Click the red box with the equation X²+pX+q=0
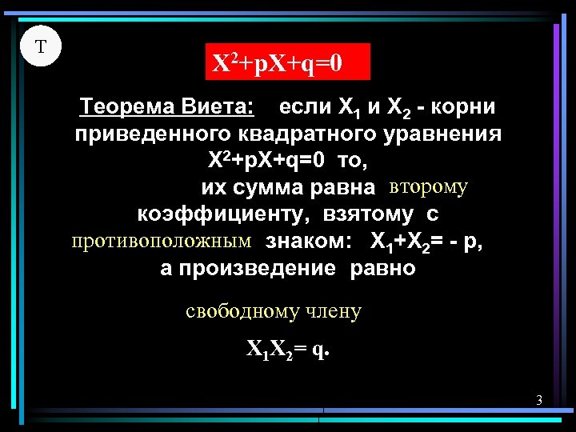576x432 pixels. (x=288, y=61)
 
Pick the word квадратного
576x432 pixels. (x=306, y=134)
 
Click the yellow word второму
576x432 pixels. (x=428, y=187)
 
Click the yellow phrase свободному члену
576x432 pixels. (x=274, y=311)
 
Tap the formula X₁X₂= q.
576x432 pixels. (x=287, y=350)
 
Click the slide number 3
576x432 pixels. (x=539, y=400)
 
